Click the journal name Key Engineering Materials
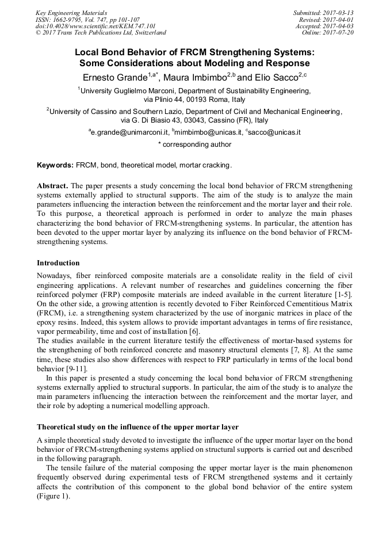tap(71, 12)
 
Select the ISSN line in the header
tap(87, 19)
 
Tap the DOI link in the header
tap(95, 26)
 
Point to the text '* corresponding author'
tap(194, 144)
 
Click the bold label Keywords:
tap(55, 165)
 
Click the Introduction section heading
tap(58, 263)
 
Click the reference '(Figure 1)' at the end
tap(53, 496)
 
